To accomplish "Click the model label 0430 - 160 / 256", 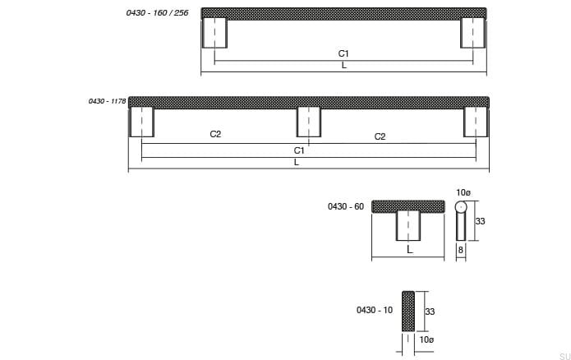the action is pos(157,13).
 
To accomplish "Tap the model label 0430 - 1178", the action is pos(107,101).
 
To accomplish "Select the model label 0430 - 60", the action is pos(346,206).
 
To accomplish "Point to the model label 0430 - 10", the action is pos(375,310).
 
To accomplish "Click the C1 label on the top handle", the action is pos(343,53).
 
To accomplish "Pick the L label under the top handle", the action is pos(344,66).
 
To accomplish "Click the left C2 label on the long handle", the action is pos(215,134).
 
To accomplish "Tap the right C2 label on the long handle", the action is pos(380,136).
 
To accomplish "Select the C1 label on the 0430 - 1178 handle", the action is pos(299,150).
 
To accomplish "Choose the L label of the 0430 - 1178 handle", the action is pos(297,163).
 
